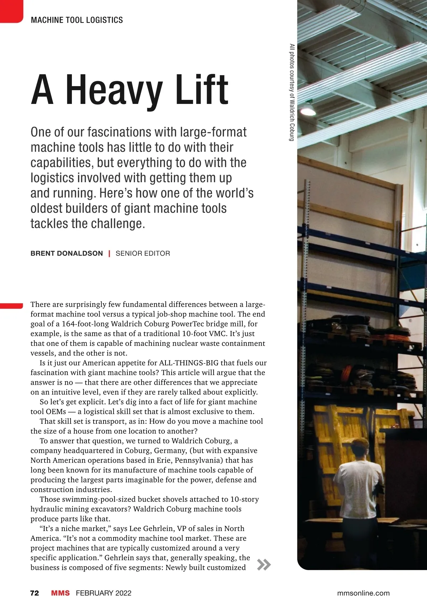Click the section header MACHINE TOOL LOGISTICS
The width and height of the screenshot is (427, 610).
pos(77,20)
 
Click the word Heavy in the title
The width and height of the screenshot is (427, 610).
pos(114,90)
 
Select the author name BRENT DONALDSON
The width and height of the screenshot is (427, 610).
pos(67,253)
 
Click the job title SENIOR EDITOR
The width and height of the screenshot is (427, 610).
pos(143,253)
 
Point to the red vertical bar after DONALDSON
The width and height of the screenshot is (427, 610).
pos(109,253)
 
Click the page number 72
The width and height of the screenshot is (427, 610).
pos(35,593)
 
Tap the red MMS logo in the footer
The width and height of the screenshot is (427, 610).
pos(60,593)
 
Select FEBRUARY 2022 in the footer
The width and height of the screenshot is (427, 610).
pos(104,593)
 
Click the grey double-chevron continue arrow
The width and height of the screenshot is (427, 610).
pos(264,564)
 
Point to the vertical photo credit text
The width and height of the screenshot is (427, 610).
pos(292,93)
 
